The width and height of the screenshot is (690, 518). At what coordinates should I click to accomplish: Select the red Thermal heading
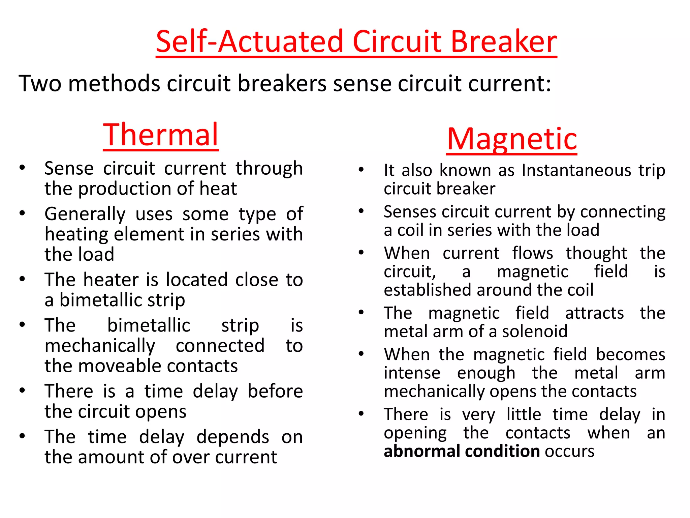(161, 135)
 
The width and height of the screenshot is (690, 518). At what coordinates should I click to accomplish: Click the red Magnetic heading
(512, 139)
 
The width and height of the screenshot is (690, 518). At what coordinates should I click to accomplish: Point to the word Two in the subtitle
(40, 83)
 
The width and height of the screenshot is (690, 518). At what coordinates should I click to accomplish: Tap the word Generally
(85, 214)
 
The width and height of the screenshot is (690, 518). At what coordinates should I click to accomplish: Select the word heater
(111, 280)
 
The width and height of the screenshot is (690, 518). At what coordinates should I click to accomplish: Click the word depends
(233, 437)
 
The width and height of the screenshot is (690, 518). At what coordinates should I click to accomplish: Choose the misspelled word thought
(596, 253)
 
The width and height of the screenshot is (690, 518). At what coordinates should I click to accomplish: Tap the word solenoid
(535, 332)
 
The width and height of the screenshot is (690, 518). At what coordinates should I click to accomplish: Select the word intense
(412, 373)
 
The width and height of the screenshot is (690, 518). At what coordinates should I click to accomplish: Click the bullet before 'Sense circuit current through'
(23, 168)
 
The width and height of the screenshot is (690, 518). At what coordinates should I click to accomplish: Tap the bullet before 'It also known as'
(361, 170)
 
